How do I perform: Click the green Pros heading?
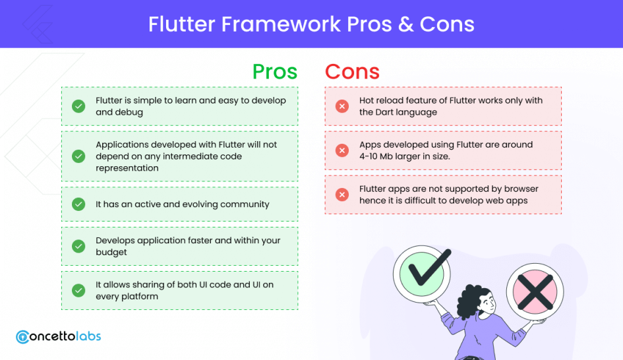[275, 72]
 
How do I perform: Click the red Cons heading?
[352, 72]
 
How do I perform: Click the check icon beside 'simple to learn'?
[78, 106]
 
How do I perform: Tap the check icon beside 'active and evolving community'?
[78, 204]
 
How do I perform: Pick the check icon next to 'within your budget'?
[78, 247]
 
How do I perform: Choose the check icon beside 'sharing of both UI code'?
[78, 291]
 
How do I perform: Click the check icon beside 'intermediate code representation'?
[78, 156]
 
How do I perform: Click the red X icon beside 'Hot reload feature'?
[342, 106]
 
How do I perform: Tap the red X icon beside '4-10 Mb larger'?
[342, 150]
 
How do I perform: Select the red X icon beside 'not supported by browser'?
[342, 195]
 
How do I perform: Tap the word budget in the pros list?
[111, 253]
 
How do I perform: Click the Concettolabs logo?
[59, 336]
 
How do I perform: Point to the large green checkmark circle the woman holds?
[422, 274]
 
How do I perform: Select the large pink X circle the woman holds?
[535, 291]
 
